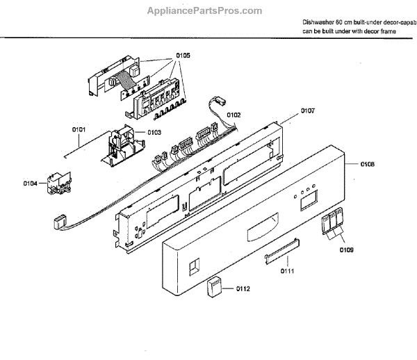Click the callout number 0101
coord(79,129)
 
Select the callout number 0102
coord(234,115)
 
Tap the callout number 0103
coord(154,132)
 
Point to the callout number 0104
coord(30,183)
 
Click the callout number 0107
coord(308,111)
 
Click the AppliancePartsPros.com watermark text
coord(205,10)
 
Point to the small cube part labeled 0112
coord(216,288)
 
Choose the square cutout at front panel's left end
coord(194,264)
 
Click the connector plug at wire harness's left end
coord(58,223)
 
